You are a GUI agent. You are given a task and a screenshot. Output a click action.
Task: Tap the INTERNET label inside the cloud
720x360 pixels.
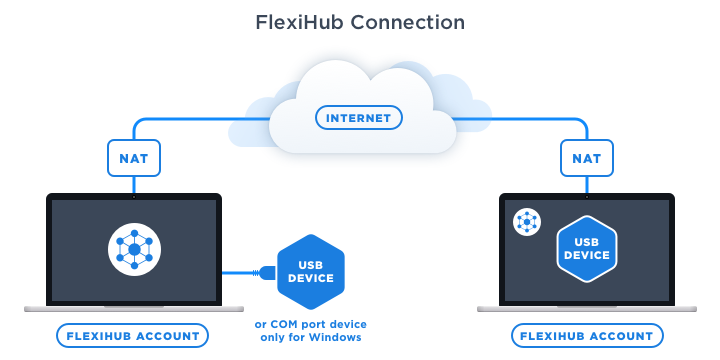point(360,118)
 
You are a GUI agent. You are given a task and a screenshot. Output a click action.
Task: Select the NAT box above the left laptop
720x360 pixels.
point(134,158)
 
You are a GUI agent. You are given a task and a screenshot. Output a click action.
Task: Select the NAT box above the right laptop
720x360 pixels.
point(587,158)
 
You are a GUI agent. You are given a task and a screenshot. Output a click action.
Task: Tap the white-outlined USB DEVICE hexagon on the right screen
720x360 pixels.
point(586,247)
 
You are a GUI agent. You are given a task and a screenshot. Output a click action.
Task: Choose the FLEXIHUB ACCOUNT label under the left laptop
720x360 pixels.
point(133,335)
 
